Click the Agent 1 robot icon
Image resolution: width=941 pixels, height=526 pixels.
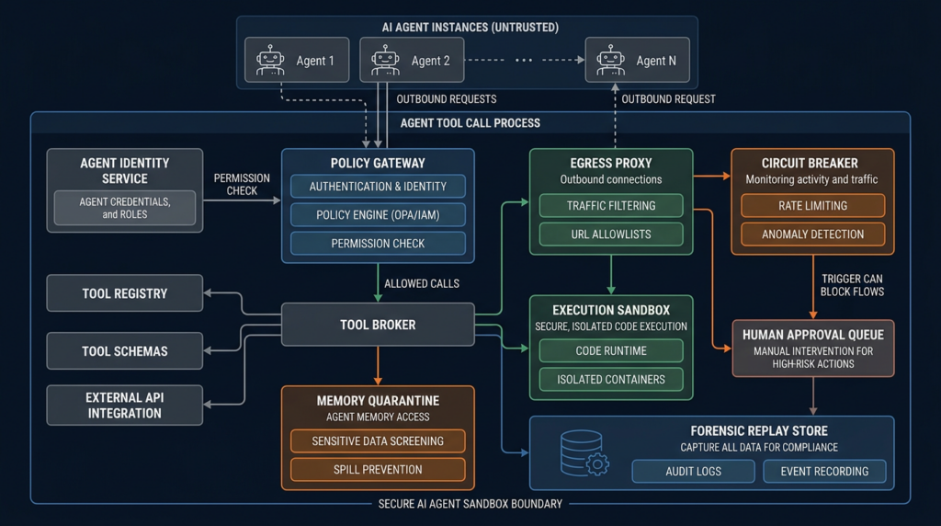point(270,60)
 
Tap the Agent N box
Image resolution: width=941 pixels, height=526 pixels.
point(638,60)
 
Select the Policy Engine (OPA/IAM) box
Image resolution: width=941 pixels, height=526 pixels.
point(378,215)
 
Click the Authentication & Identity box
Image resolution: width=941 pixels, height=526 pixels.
point(378,186)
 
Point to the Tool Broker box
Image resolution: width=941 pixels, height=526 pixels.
point(378,325)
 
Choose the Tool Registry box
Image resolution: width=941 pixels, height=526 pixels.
point(125,293)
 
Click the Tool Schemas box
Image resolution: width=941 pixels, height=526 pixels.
point(125,350)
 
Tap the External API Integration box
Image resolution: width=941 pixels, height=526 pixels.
point(125,406)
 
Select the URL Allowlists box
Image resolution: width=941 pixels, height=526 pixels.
point(611,234)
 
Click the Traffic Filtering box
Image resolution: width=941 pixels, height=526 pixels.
point(611,205)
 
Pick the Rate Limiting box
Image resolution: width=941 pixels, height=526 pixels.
point(813,205)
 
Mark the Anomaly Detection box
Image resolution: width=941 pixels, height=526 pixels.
point(813,234)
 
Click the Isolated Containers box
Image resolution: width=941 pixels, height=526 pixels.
point(611,380)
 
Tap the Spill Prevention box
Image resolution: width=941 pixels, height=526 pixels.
point(378,470)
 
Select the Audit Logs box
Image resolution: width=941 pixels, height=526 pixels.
point(693,472)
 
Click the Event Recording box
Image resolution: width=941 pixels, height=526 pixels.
point(824,472)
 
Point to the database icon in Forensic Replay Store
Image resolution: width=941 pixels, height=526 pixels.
point(584,453)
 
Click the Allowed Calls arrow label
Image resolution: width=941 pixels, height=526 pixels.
point(422,283)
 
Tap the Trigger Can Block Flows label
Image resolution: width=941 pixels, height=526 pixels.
point(852,285)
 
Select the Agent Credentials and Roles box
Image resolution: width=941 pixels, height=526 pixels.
point(125,208)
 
